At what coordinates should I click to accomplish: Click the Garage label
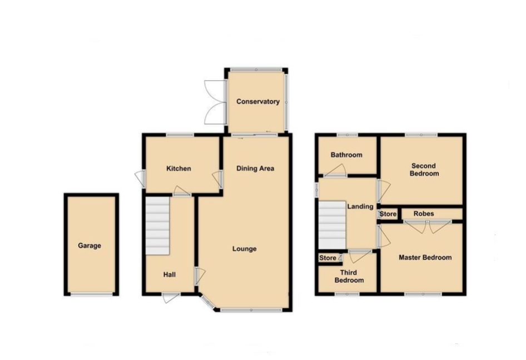(x=90, y=245)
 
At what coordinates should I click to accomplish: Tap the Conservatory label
(x=258, y=101)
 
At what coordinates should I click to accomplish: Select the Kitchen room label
(x=179, y=168)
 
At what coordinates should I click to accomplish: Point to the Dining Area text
(x=255, y=168)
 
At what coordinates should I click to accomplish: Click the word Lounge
(x=245, y=249)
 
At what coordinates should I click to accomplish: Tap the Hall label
(x=170, y=274)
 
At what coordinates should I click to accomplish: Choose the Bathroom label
(x=346, y=155)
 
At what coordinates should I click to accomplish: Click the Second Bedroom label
(x=424, y=170)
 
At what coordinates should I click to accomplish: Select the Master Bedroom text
(x=425, y=258)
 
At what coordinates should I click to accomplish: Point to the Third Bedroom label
(x=349, y=277)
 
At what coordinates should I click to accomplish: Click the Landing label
(x=360, y=206)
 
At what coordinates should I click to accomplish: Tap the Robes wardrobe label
(x=424, y=214)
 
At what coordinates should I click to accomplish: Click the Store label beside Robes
(x=388, y=214)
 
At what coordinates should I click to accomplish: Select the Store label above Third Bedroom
(x=327, y=258)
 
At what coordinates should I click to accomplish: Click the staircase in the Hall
(x=158, y=226)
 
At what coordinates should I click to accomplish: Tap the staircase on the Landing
(x=332, y=225)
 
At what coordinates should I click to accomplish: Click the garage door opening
(x=92, y=294)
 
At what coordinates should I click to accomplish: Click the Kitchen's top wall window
(x=180, y=135)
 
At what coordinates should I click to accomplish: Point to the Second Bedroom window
(x=421, y=135)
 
